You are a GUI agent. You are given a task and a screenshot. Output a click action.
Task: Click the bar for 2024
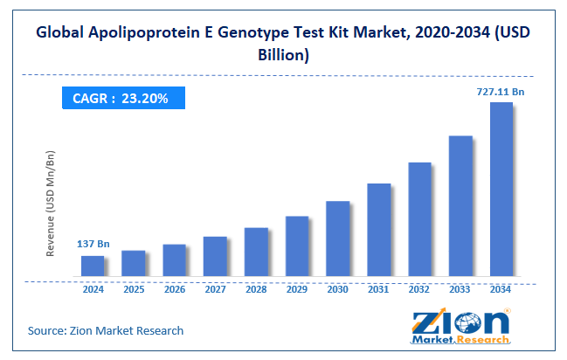click(x=93, y=267)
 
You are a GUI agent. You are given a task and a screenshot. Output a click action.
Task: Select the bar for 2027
click(x=215, y=257)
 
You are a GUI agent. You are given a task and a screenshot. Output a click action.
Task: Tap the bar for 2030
click(x=337, y=239)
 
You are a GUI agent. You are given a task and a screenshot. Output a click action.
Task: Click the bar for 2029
click(x=297, y=247)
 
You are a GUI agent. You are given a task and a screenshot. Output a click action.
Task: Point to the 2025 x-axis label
click(x=134, y=289)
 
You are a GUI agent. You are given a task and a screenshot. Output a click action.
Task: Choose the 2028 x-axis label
click(x=256, y=289)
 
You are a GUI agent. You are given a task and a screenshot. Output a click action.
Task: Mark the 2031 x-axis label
click(x=378, y=289)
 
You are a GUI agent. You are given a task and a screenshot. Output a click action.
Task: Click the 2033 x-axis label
click(x=460, y=289)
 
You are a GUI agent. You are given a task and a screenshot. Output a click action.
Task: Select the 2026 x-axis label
click(x=175, y=289)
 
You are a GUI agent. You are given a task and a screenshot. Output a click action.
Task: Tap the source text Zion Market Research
click(x=107, y=330)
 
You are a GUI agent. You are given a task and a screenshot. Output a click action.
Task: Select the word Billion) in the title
click(x=284, y=55)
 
